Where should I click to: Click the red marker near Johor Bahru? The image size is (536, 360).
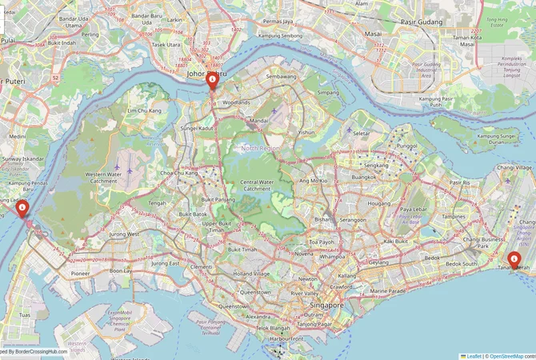point(212,81)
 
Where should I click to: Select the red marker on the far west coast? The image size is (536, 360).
point(22,208)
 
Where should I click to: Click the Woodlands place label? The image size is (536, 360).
point(237,103)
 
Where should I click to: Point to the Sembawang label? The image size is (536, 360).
point(281,77)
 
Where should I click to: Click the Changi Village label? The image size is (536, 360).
point(514,168)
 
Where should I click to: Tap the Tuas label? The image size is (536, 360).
point(26,314)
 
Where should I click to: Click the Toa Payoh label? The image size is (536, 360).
point(322,241)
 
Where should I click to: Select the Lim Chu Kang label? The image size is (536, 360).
point(144,110)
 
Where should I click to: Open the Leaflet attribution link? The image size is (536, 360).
point(474,355)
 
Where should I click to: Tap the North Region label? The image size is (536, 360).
point(260,147)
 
